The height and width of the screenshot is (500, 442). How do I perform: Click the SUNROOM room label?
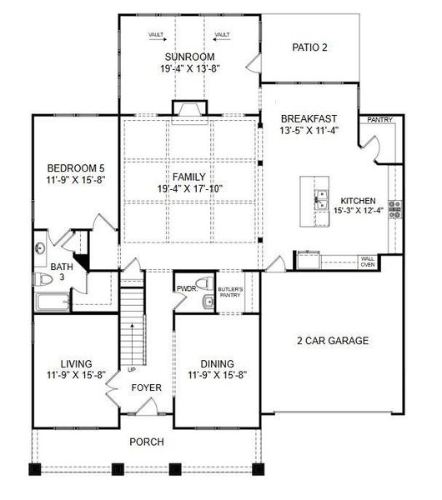tap(189, 57)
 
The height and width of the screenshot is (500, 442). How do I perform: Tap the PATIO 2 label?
tap(309, 47)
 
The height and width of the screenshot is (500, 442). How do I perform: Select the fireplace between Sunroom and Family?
tap(190, 112)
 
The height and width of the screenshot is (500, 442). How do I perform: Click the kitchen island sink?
tap(322, 200)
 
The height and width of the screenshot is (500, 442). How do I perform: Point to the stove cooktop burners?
tap(395, 209)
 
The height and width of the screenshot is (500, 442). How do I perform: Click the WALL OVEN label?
tap(368, 262)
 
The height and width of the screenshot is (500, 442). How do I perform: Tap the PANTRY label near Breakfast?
tap(379, 120)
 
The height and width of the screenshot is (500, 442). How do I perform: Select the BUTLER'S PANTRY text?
tap(230, 292)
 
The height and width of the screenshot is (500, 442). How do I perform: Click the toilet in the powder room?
tap(204, 283)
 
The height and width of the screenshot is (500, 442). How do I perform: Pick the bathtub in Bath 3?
tap(53, 302)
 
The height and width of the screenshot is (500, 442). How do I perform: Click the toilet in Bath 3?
tap(43, 279)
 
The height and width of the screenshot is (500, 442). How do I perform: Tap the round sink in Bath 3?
tap(40, 248)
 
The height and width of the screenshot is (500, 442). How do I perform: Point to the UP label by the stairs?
tap(132, 369)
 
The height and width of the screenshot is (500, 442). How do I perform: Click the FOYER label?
tap(147, 387)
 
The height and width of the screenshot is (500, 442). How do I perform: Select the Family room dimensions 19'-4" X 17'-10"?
tap(189, 189)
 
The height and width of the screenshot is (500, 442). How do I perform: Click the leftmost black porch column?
tap(35, 469)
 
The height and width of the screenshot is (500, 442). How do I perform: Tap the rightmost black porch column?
tap(259, 469)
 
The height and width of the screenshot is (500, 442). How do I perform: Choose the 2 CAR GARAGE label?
tap(333, 341)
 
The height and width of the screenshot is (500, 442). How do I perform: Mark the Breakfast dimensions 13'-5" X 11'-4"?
tap(309, 131)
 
